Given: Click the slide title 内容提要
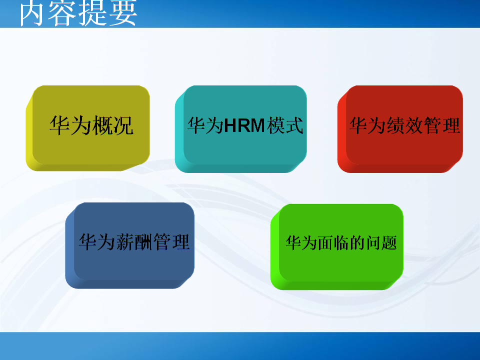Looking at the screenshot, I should point(78,14).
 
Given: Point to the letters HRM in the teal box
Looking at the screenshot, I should point(244,125).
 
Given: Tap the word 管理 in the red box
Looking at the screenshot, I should point(441,125).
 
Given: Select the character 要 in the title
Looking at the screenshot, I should point(123,14).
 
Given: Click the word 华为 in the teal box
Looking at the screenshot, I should point(204,125).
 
